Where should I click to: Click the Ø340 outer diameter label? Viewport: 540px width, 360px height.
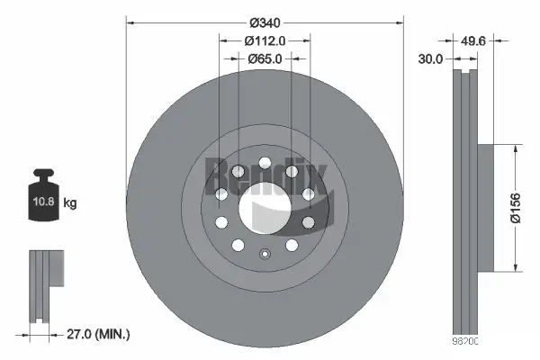click(x=265, y=21)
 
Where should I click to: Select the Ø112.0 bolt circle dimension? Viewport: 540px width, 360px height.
click(x=265, y=40)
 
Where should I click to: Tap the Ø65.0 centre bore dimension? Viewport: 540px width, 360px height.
click(x=265, y=58)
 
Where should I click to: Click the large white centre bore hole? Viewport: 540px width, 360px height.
click(x=265, y=206)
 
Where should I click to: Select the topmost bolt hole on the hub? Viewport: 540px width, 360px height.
click(x=265, y=164)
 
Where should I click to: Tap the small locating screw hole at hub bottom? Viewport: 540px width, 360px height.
click(x=265, y=254)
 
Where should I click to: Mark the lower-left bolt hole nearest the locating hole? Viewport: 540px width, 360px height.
click(x=238, y=245)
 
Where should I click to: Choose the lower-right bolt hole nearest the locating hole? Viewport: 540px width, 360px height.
click(x=292, y=245)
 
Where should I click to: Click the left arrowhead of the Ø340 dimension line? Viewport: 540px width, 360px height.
click(x=130, y=21)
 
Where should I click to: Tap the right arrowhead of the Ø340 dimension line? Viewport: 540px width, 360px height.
click(x=401, y=21)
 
